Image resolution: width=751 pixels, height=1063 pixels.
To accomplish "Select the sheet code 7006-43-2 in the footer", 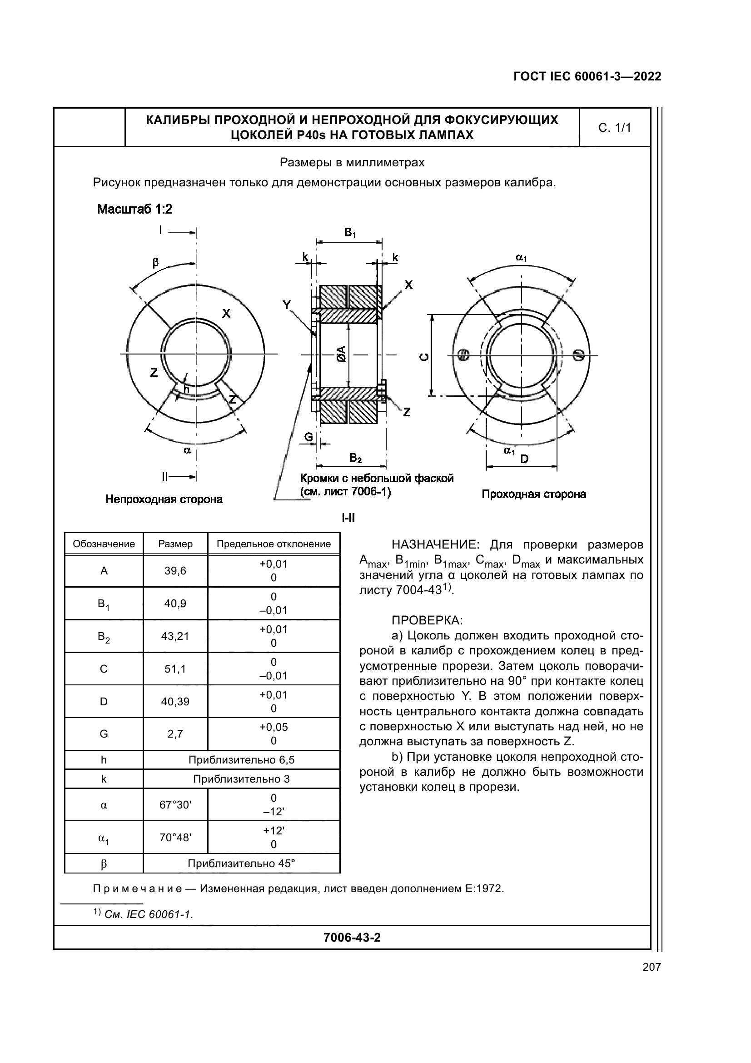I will click(x=352, y=938).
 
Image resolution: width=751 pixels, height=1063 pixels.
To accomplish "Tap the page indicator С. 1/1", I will click(x=615, y=128).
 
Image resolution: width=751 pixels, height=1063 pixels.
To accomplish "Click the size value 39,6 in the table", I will click(x=175, y=571).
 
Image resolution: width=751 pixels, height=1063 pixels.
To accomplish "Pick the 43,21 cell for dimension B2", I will click(x=175, y=636).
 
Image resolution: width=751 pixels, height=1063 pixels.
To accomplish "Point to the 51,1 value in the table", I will click(x=175, y=669).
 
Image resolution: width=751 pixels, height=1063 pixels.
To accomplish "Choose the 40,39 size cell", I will click(x=175, y=701).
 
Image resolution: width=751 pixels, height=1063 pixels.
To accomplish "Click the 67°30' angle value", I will click(x=175, y=805).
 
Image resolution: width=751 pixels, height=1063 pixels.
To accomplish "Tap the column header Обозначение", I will click(x=104, y=544).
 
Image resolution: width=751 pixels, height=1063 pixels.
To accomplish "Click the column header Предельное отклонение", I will click(x=274, y=544).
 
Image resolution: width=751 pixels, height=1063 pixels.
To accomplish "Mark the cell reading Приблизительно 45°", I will click(x=241, y=863).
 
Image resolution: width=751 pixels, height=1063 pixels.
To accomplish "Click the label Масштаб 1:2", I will click(x=134, y=209).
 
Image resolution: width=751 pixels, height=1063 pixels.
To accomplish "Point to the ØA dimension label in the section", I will click(x=342, y=354).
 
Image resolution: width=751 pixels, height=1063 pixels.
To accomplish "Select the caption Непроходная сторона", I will click(x=164, y=499).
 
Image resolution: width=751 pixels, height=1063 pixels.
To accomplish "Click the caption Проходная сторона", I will click(x=533, y=494).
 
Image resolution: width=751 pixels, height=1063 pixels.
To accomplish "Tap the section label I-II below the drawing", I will click(x=348, y=518).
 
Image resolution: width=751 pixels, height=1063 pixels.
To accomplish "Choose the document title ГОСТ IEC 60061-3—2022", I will click(x=587, y=77).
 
